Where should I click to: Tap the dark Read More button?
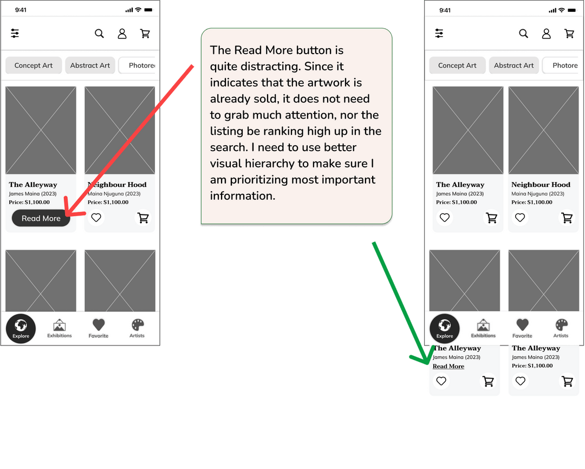point(41,218)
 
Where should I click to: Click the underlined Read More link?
point(448,367)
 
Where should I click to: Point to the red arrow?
point(129,141)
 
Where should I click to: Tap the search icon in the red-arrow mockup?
point(99,34)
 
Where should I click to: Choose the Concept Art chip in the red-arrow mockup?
point(34,66)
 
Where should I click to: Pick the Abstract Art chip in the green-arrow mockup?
point(513,66)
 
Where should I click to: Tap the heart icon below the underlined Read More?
point(441,381)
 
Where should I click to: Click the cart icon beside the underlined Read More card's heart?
point(489,381)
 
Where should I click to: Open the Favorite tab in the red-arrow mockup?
point(99,328)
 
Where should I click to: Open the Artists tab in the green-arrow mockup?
point(561,328)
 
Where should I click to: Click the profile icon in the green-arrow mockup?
point(546,34)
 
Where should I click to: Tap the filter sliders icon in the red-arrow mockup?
point(15,34)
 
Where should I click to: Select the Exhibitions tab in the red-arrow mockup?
point(60,328)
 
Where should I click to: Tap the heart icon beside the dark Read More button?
point(96,218)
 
